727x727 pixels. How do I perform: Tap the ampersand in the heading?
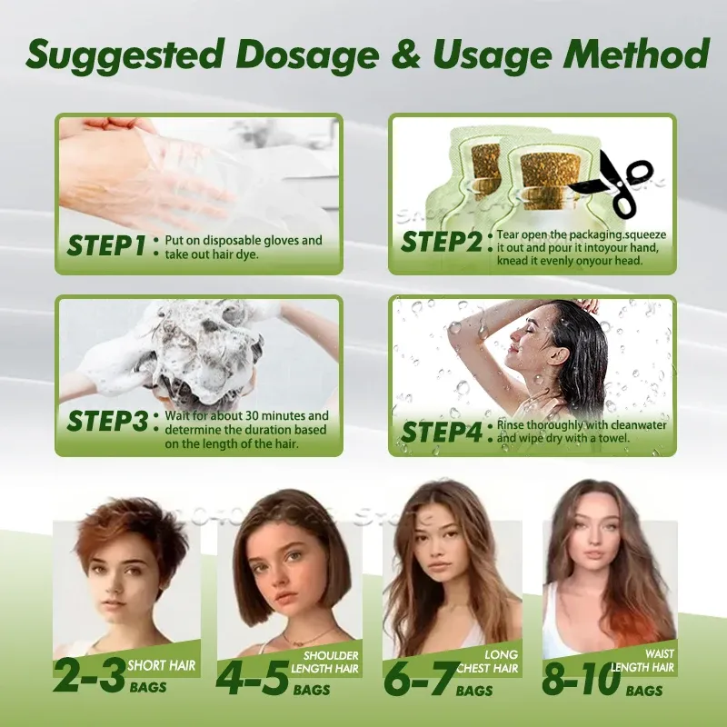(406, 55)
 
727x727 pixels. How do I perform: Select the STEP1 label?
(106, 245)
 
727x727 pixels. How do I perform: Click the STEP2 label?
(442, 242)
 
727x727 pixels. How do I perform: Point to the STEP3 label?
(107, 421)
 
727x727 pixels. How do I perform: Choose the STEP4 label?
(442, 433)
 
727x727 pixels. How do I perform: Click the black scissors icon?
(612, 184)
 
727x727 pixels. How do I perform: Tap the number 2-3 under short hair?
(89, 675)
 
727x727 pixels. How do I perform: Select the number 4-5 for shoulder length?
(254, 678)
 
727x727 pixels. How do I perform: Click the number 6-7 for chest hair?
(420, 679)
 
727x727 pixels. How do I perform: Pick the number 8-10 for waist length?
(582, 679)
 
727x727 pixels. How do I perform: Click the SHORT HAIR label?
(162, 666)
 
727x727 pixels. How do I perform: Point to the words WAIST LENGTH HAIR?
(642, 661)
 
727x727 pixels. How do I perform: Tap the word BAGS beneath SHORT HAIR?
(148, 687)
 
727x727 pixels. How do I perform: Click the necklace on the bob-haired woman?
(310, 636)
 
